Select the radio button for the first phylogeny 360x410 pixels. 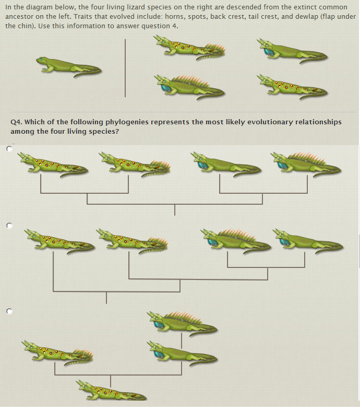pos(9,149)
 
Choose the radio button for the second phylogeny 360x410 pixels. pos(9,226)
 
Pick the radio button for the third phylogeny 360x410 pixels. pos(9,310)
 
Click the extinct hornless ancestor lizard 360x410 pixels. pos(68,65)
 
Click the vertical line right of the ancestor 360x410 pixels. pos(125,68)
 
